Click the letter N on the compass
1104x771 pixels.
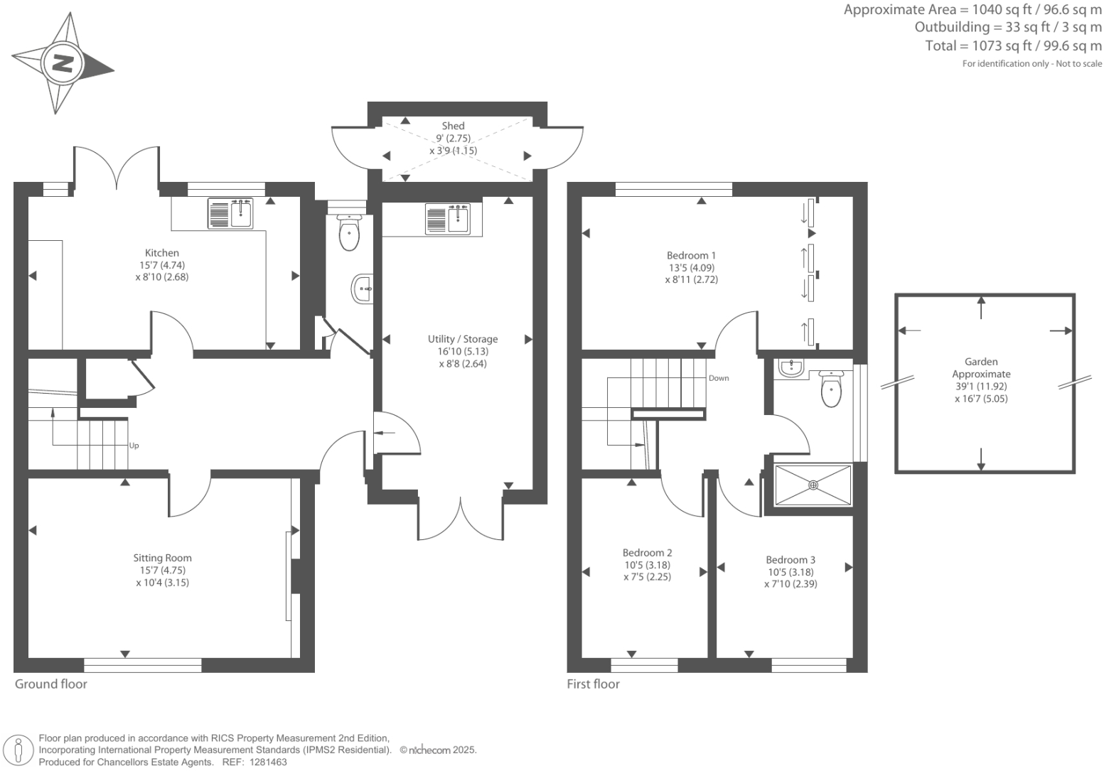63,63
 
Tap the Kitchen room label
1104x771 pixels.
162,253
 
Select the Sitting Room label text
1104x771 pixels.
162,559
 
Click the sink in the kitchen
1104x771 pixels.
230,214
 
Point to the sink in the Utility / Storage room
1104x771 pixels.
448,219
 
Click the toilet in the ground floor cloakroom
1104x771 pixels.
349,232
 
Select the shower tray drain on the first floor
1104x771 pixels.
813,485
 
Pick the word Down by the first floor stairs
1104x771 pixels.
719,378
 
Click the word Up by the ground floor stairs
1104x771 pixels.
134,446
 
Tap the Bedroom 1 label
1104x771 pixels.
691,256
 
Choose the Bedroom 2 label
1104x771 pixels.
647,553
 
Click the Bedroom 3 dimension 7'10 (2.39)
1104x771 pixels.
791,584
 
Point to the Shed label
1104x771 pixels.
453,126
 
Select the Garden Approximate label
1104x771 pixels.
981,367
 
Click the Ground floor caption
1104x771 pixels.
51,684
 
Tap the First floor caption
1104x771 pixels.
593,684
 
